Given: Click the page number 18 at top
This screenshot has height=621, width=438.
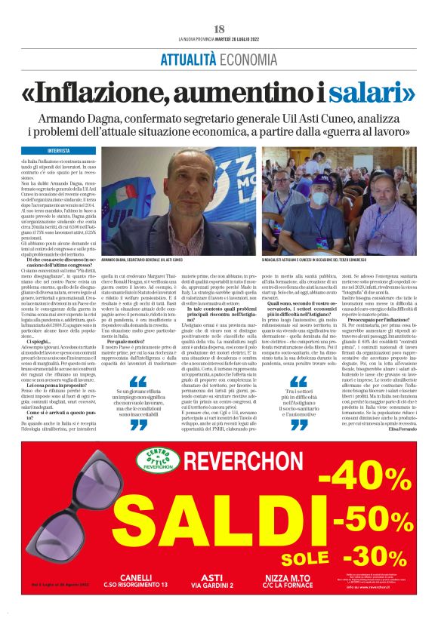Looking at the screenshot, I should coord(219,29).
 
